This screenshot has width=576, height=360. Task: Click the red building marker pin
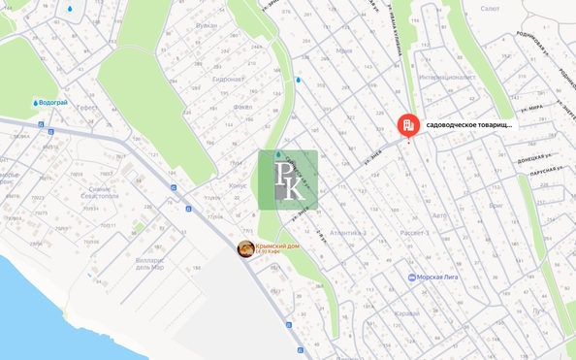click(x=407, y=125)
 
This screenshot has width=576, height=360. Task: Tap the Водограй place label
click(x=55, y=102)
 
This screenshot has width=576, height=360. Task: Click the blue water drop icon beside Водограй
click(x=36, y=102)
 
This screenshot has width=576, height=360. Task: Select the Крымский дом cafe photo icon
click(x=246, y=249)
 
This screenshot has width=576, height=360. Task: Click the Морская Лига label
click(x=439, y=278)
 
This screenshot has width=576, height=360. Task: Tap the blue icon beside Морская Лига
click(x=412, y=278)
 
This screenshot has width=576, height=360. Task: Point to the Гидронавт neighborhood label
click(x=228, y=80)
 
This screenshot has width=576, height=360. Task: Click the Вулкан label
click(x=207, y=53)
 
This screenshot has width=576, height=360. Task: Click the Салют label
click(x=491, y=8)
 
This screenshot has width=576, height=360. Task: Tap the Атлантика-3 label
click(x=347, y=234)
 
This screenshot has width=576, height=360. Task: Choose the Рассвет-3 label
click(x=414, y=234)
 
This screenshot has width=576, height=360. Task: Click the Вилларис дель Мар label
click(x=150, y=264)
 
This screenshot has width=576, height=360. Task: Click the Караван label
click(x=408, y=313)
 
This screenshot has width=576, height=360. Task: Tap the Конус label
click(x=237, y=185)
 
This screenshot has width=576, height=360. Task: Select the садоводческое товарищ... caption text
click(x=470, y=125)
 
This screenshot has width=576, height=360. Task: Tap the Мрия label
click(x=344, y=50)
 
